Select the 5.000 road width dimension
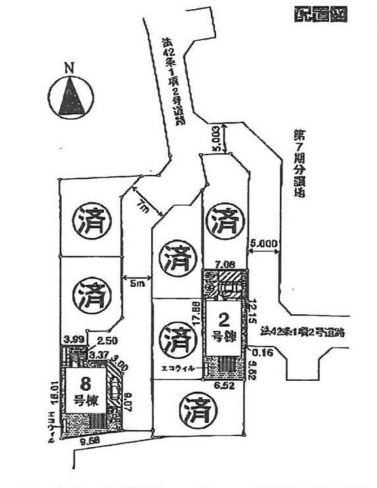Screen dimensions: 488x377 pos(264,244)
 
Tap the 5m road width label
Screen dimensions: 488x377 pos(136,285)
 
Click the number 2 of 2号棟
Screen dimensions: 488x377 pos(224,320)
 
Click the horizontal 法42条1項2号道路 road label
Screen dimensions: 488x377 pos(303,332)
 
